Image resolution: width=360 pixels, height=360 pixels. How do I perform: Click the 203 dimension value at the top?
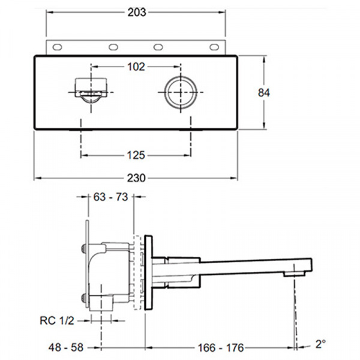point(137,13)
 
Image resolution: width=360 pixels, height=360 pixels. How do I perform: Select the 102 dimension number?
point(136,67)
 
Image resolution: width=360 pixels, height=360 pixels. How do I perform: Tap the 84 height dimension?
point(264,93)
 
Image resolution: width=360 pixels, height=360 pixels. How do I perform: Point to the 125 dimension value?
point(136,155)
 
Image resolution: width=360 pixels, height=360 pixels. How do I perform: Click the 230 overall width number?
point(136,178)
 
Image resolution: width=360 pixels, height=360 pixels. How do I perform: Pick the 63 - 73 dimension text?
point(110,197)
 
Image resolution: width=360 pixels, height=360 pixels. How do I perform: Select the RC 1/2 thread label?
point(57,321)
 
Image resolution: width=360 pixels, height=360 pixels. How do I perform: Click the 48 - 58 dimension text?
point(66,347)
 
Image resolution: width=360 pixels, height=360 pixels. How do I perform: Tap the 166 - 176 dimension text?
point(221,347)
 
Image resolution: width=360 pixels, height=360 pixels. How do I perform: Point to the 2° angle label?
point(321,344)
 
